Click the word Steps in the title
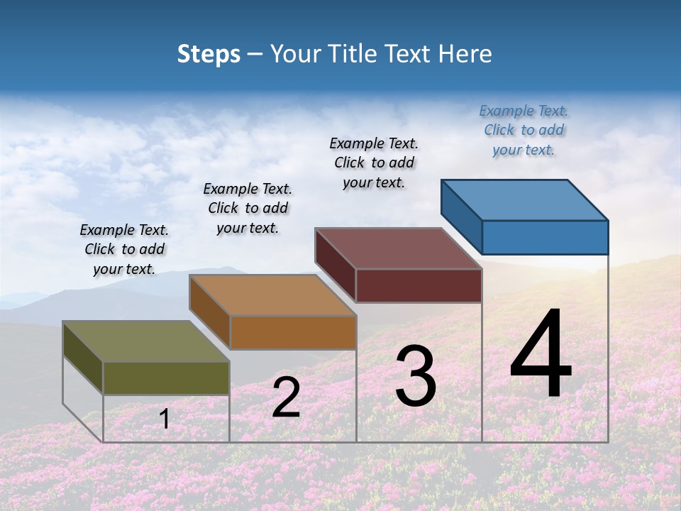(209, 54)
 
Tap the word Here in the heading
(465, 54)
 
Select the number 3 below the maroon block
(416, 376)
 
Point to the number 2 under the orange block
(286, 397)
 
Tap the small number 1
(165, 419)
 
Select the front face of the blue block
(545, 237)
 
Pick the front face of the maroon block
(419, 286)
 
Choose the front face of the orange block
(292, 332)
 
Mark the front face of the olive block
(166, 378)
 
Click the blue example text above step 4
(524, 131)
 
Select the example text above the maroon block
(374, 163)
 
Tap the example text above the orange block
(248, 208)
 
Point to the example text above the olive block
(124, 249)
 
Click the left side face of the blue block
(461, 216)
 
